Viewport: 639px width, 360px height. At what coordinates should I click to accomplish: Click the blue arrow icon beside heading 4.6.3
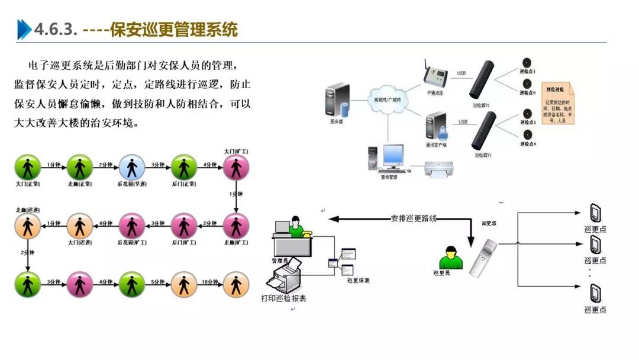click(24, 29)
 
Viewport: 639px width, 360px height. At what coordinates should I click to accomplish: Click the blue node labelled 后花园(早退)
click(131, 168)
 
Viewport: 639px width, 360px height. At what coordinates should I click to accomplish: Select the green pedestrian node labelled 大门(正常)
click(28, 168)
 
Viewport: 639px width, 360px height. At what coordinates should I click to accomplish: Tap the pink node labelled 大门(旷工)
click(236, 168)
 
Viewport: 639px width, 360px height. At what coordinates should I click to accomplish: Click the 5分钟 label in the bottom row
click(158, 281)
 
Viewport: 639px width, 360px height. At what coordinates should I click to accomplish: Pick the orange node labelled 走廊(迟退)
click(28, 226)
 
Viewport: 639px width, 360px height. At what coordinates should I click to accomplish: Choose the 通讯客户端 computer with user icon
click(435, 126)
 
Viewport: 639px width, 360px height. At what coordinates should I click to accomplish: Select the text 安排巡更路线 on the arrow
click(414, 218)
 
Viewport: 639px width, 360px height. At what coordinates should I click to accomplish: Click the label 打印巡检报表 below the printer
click(283, 298)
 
